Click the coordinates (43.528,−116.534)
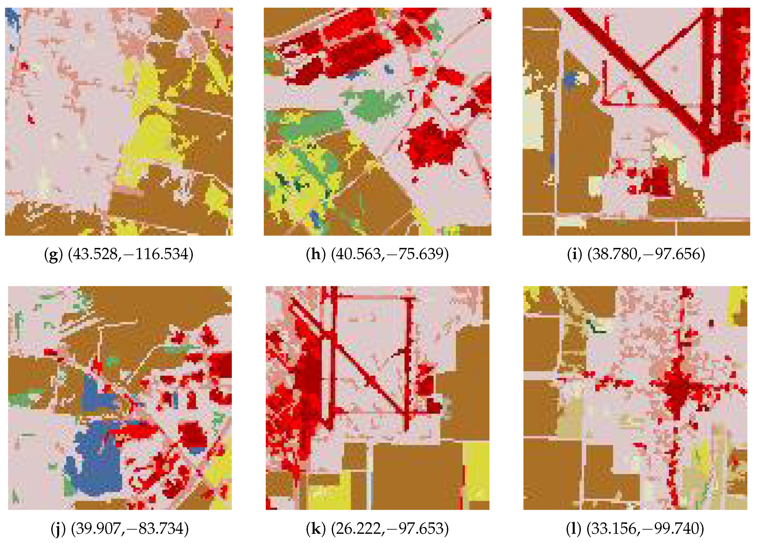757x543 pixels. pyautogui.click(x=130, y=255)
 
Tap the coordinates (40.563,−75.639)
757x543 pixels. pyautogui.click(x=390, y=255)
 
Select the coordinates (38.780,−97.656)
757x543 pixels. pyautogui.click(x=646, y=255)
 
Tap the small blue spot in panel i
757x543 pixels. pyautogui.click(x=570, y=80)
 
